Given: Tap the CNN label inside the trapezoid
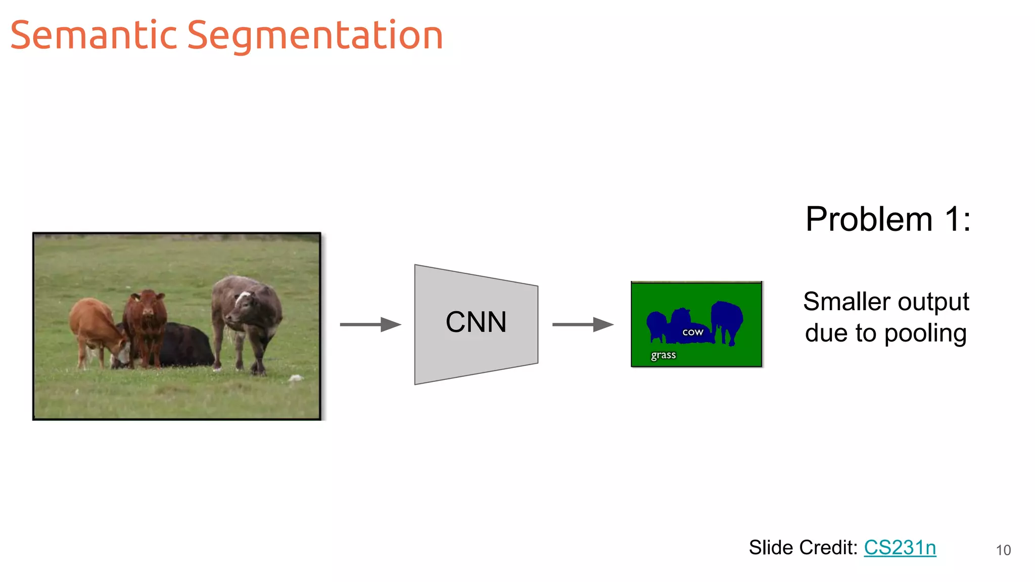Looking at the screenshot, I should [x=476, y=322].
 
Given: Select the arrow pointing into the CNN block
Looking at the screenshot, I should [x=370, y=324].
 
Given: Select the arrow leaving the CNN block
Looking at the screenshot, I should [x=582, y=324].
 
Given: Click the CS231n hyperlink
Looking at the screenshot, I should [x=900, y=548].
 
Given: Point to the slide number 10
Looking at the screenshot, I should [x=1003, y=550].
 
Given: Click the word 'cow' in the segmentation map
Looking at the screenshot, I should [x=692, y=332].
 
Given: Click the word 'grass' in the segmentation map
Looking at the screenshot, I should [x=663, y=355].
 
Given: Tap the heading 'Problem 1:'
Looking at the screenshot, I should [x=887, y=219].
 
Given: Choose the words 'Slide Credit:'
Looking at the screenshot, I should [x=803, y=548].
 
